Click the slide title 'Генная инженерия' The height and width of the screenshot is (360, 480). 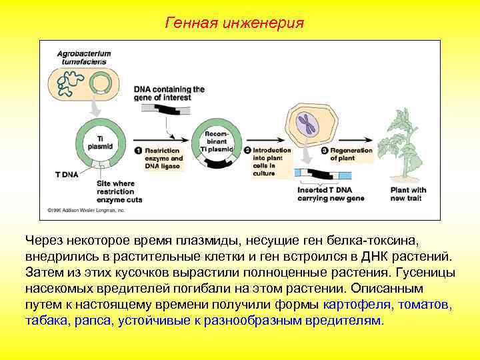[x=234, y=23]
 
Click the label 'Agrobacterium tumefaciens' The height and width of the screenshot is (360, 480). [x=84, y=57]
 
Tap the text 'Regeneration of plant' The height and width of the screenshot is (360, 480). [x=351, y=155]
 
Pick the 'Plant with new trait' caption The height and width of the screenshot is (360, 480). [x=408, y=194]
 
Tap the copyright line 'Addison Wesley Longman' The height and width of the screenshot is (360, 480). [x=86, y=210]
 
